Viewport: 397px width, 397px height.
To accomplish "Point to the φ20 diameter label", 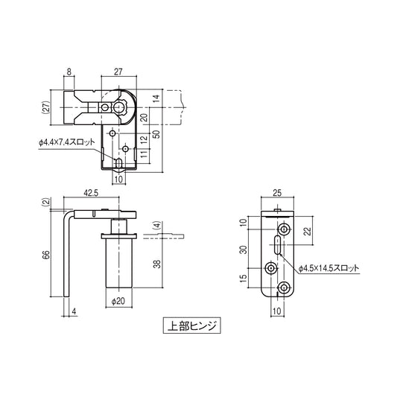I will click(117, 302).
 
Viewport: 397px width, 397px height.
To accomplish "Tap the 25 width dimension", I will click(277, 194).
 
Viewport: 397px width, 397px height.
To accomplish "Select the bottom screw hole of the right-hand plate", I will click(283, 288).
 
